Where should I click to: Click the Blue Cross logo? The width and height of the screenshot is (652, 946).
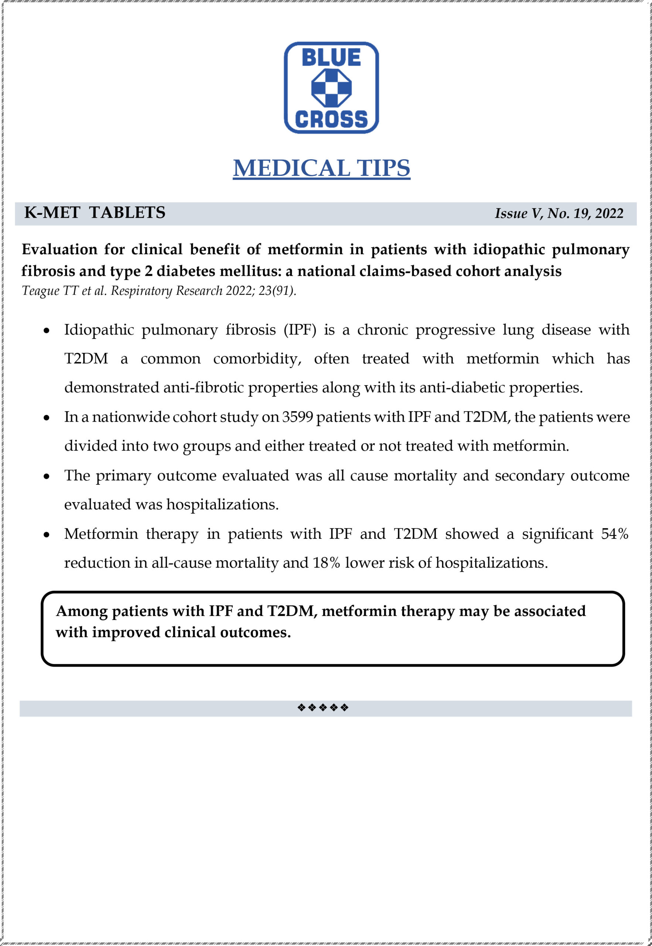pos(331,88)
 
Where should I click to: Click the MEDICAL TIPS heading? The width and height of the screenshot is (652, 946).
pos(321,168)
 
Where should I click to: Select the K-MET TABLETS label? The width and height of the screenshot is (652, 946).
pos(95,212)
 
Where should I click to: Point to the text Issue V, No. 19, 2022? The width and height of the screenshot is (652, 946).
pos(559,213)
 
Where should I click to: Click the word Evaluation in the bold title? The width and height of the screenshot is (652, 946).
pos(59,249)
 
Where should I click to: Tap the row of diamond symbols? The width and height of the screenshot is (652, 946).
pos(323,707)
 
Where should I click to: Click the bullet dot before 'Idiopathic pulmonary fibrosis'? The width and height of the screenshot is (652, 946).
pos(47,331)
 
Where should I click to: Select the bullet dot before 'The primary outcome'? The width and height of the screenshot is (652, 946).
pos(47,476)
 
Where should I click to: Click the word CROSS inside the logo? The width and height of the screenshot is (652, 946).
pos(331,119)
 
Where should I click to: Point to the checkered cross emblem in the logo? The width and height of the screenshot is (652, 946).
pos(331,88)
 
